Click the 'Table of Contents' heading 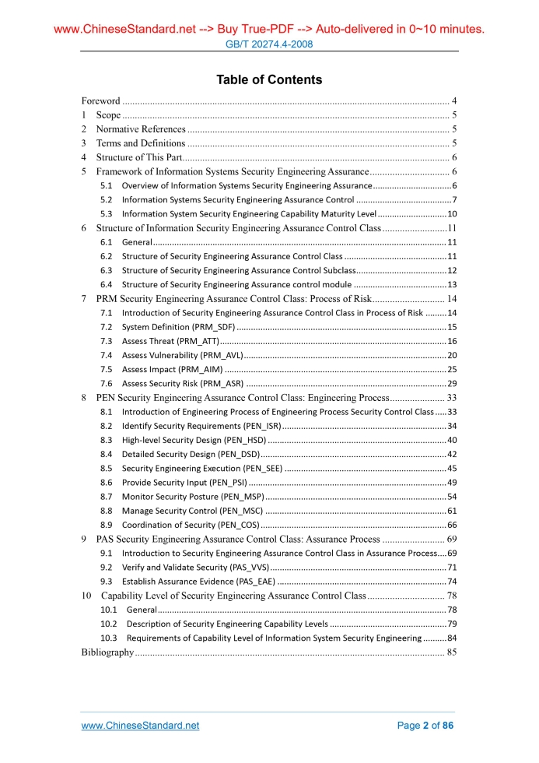(269, 79)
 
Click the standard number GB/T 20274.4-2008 (269, 44)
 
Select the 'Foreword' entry (101, 100)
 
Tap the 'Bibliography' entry (108, 652)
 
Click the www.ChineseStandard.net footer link (140, 726)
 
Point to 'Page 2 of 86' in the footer (425, 726)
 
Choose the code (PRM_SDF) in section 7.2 (209, 327)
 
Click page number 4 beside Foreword (453, 100)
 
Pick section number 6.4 (107, 284)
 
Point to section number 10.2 (109, 624)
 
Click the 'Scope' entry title (108, 114)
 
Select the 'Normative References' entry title (141, 128)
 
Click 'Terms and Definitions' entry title (141, 142)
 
